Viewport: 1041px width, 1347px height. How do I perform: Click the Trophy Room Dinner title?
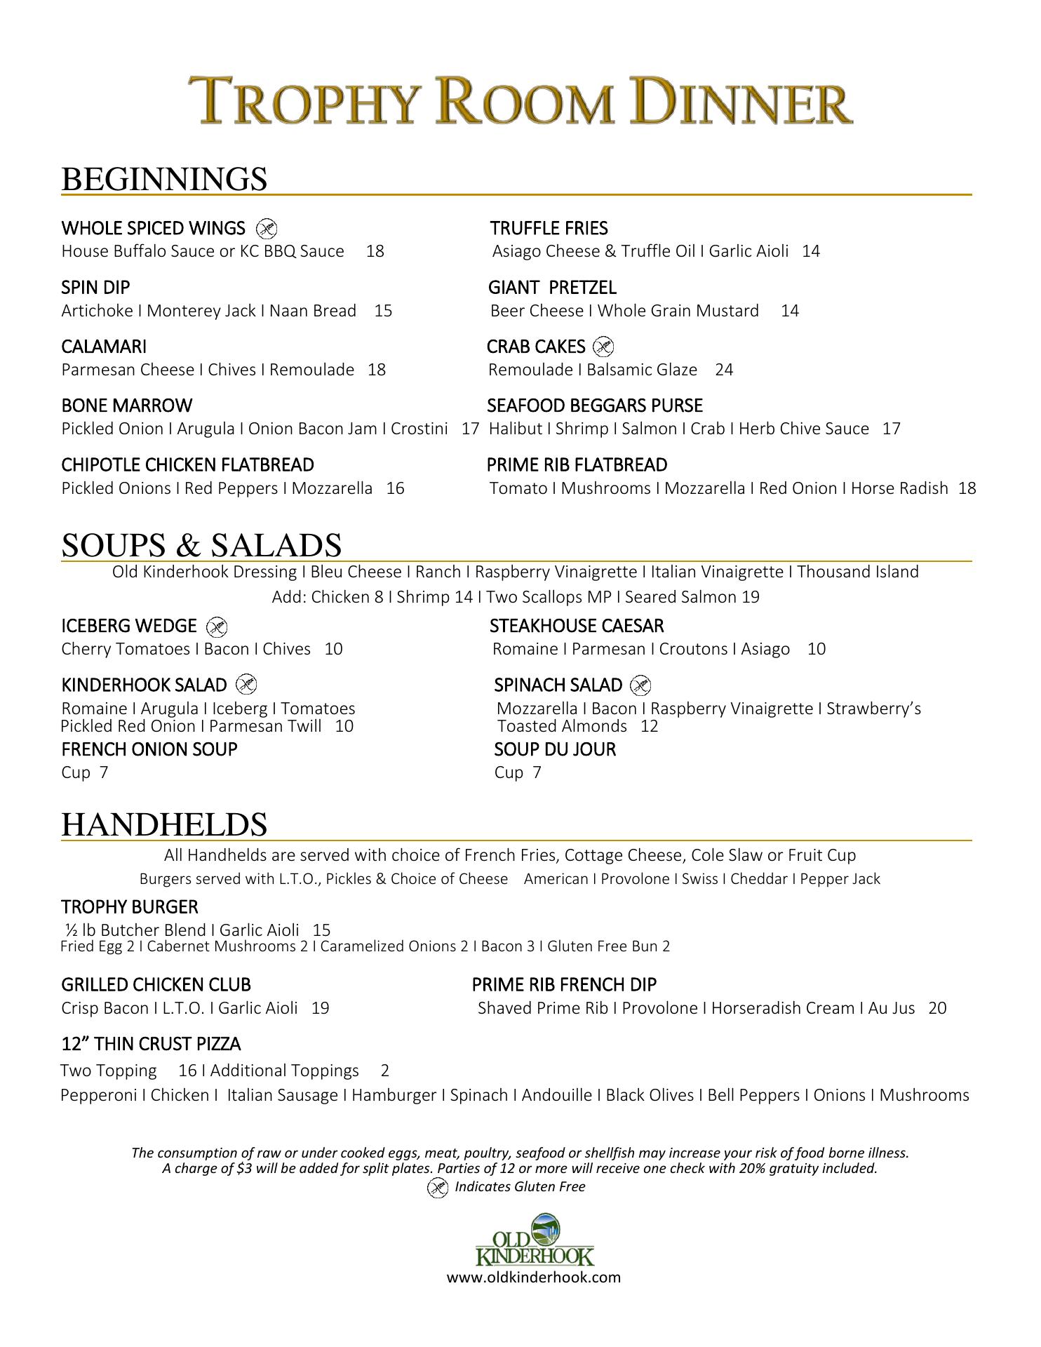click(x=520, y=102)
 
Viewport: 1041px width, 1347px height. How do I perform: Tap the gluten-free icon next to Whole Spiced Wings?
click(x=267, y=228)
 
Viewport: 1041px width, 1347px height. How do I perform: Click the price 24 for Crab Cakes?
click(x=724, y=370)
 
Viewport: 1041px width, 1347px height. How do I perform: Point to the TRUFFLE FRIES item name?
click(x=549, y=228)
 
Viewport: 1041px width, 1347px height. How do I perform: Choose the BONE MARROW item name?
click(x=126, y=406)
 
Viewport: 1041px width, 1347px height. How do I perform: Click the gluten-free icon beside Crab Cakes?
click(x=603, y=347)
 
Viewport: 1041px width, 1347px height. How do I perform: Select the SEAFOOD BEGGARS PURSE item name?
click(x=594, y=406)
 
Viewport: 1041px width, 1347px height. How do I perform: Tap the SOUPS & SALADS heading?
click(x=201, y=545)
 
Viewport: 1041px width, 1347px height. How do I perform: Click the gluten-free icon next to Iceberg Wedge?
click(x=217, y=626)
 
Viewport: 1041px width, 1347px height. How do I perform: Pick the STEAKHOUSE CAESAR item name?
click(x=576, y=626)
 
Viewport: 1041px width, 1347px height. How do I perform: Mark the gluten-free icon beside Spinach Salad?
click(x=640, y=685)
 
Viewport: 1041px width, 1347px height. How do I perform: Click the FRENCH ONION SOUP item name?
click(x=149, y=749)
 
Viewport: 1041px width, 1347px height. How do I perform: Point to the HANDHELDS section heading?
click(x=164, y=824)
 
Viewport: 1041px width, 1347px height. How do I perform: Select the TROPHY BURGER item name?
click(x=130, y=907)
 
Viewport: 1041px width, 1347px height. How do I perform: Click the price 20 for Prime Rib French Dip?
click(x=937, y=1008)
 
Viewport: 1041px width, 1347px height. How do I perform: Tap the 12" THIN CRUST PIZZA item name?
click(x=151, y=1045)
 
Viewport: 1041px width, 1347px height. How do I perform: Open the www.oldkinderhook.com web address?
click(x=534, y=1277)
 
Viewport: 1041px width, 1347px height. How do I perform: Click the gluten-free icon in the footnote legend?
click(x=438, y=1187)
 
